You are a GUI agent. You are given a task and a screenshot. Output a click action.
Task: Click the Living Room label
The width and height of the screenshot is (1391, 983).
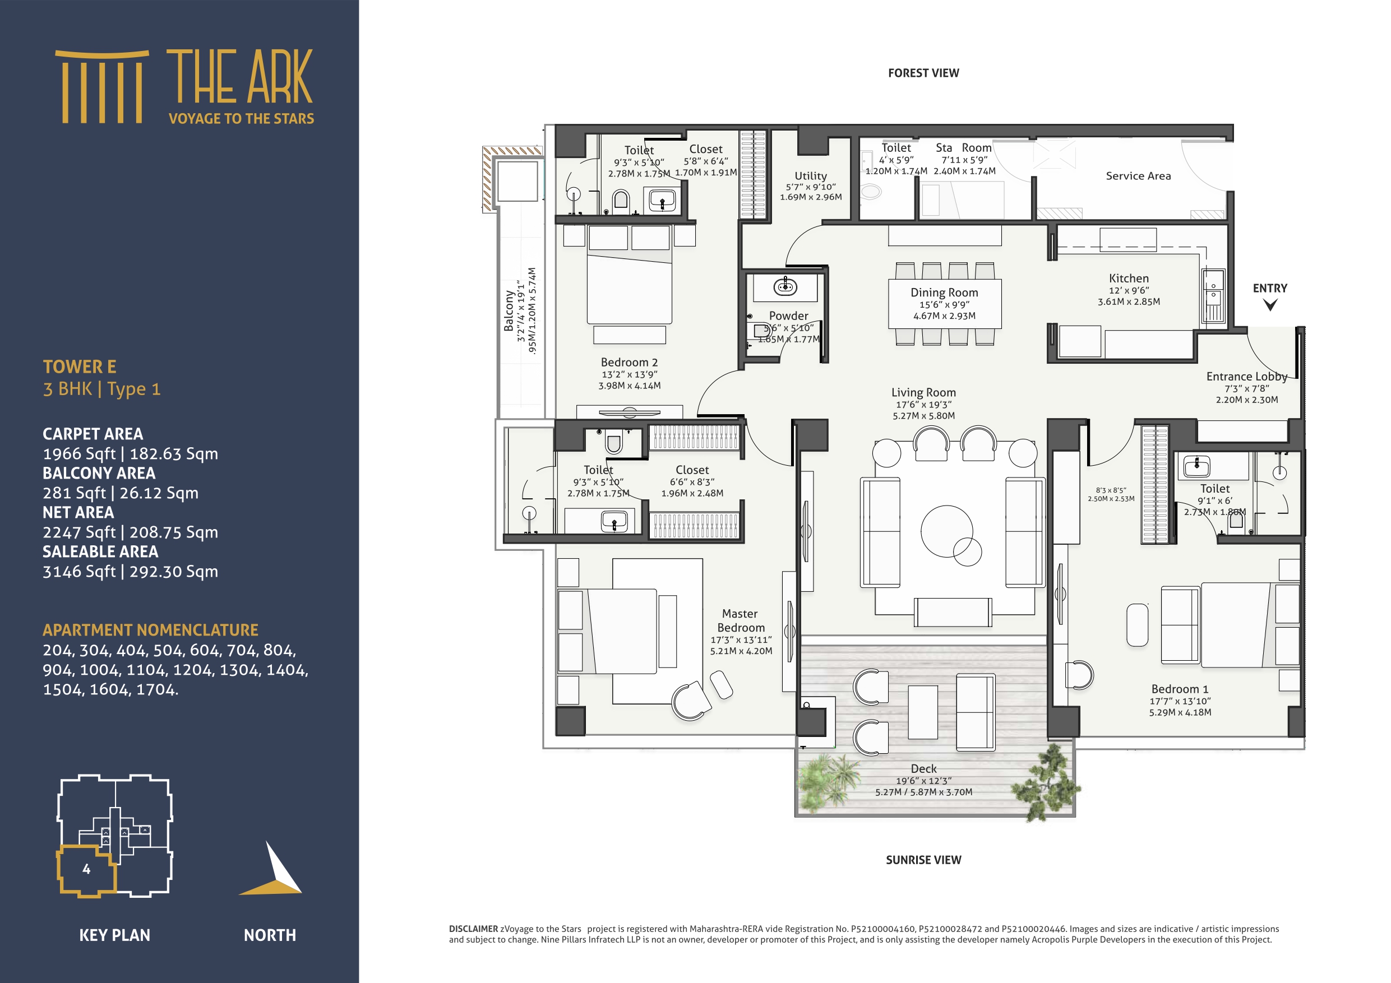(923, 392)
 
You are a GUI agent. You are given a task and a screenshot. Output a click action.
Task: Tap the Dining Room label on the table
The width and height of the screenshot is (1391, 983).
(944, 293)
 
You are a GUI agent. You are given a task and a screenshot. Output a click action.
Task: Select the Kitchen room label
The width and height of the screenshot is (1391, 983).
(1129, 279)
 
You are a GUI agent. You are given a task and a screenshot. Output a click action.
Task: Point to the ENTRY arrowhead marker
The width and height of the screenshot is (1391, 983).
(1270, 305)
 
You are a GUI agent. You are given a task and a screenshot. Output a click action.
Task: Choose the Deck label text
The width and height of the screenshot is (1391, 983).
(923, 768)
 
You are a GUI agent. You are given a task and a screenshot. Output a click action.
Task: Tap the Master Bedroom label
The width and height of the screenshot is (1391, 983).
(740, 621)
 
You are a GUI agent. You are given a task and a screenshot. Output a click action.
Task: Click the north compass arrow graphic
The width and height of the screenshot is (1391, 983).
(276, 872)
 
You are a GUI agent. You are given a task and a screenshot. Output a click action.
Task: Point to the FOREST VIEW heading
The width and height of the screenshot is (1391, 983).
(923, 73)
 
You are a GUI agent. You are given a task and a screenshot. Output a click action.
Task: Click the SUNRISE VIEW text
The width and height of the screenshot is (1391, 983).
(923, 860)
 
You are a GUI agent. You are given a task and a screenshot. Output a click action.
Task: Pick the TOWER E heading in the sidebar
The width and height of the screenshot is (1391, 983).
(80, 367)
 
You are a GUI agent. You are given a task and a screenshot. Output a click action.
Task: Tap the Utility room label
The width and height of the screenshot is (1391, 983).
(811, 175)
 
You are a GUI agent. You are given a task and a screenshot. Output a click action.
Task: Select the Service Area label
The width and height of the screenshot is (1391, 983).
(1138, 175)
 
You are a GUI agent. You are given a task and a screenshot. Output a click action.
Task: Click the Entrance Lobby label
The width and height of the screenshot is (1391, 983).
(1246, 377)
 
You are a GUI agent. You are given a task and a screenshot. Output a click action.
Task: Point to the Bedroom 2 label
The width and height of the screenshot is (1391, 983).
(629, 362)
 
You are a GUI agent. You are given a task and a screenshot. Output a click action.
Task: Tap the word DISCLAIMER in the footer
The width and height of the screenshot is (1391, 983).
(473, 929)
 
